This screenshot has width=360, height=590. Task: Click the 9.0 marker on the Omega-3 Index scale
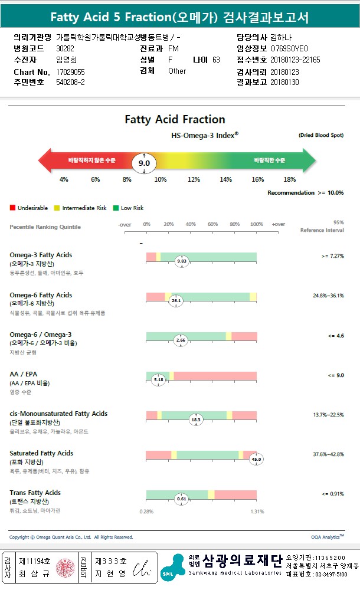tap(144, 163)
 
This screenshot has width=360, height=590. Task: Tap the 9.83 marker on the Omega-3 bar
tap(182, 260)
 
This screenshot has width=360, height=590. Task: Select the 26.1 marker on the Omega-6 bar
tap(176, 300)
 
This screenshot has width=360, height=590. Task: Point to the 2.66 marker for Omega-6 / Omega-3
tap(181, 340)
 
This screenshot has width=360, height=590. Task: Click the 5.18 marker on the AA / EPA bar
tap(158, 380)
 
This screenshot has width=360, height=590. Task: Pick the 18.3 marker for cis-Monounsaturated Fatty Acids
tap(196, 419)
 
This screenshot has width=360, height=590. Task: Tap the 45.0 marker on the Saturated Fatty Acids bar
tap(256, 458)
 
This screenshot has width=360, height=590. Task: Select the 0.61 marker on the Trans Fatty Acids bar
tap(182, 499)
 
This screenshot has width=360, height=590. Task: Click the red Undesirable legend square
tap(12, 208)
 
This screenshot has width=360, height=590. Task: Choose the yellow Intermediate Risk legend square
tap(57, 208)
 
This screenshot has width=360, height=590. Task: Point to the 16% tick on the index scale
tap(258, 179)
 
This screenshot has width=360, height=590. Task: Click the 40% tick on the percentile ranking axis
tap(191, 224)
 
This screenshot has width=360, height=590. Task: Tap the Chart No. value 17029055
tap(70, 71)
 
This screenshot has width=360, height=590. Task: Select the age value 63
tap(216, 60)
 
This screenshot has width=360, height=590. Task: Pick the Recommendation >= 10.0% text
tap(305, 193)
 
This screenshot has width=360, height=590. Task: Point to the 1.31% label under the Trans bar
tap(257, 512)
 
